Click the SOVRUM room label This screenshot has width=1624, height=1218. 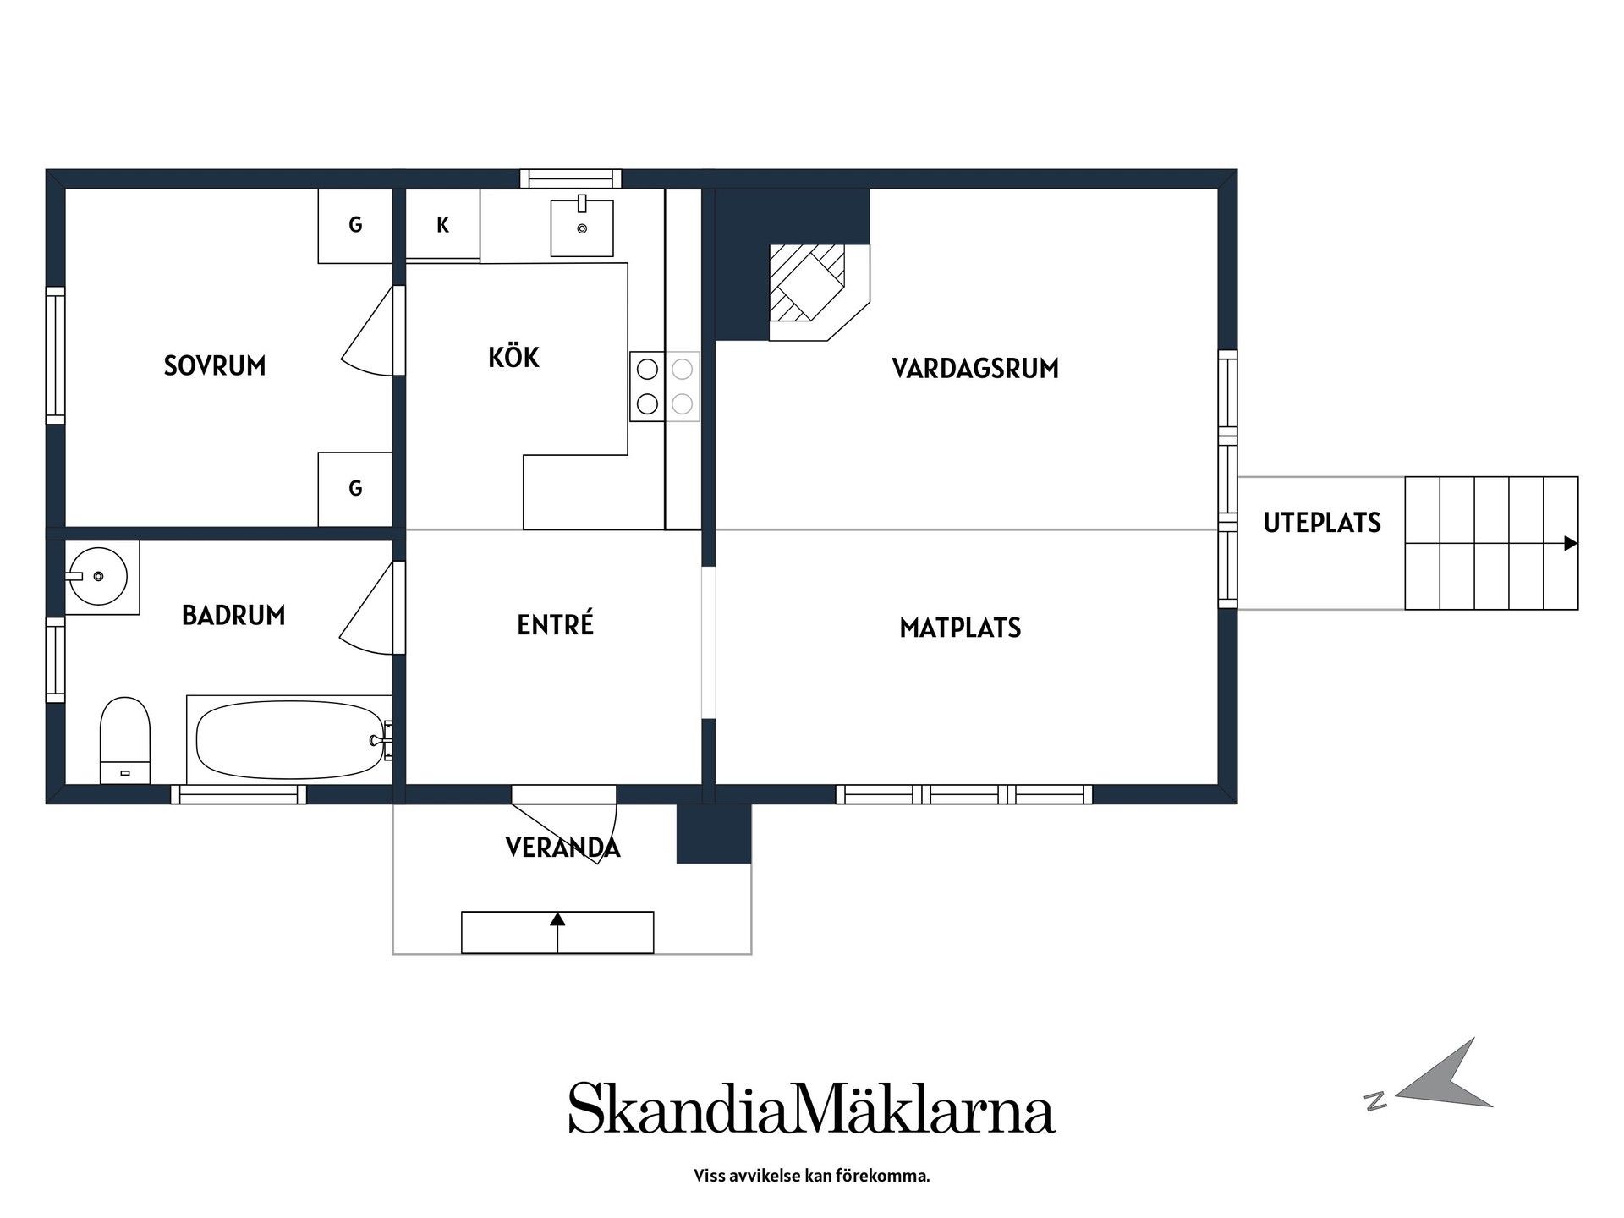tap(215, 365)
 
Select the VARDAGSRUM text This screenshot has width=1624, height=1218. tap(975, 368)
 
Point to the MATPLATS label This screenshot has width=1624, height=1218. tap(960, 628)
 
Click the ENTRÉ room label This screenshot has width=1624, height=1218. tap(555, 624)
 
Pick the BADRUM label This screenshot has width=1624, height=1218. tap(233, 615)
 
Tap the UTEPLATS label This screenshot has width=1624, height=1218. tap(1322, 523)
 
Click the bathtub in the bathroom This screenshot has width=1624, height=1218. tap(289, 739)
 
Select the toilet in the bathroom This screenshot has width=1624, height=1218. tap(125, 740)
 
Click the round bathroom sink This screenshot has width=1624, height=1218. tap(97, 576)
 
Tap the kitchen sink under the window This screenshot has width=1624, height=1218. tap(582, 226)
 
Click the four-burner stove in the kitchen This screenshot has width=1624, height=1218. tap(665, 387)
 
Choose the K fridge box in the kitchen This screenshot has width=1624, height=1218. tap(442, 224)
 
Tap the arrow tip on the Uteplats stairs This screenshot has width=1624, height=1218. tap(1576, 544)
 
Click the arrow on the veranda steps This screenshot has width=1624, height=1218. tap(557, 932)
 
